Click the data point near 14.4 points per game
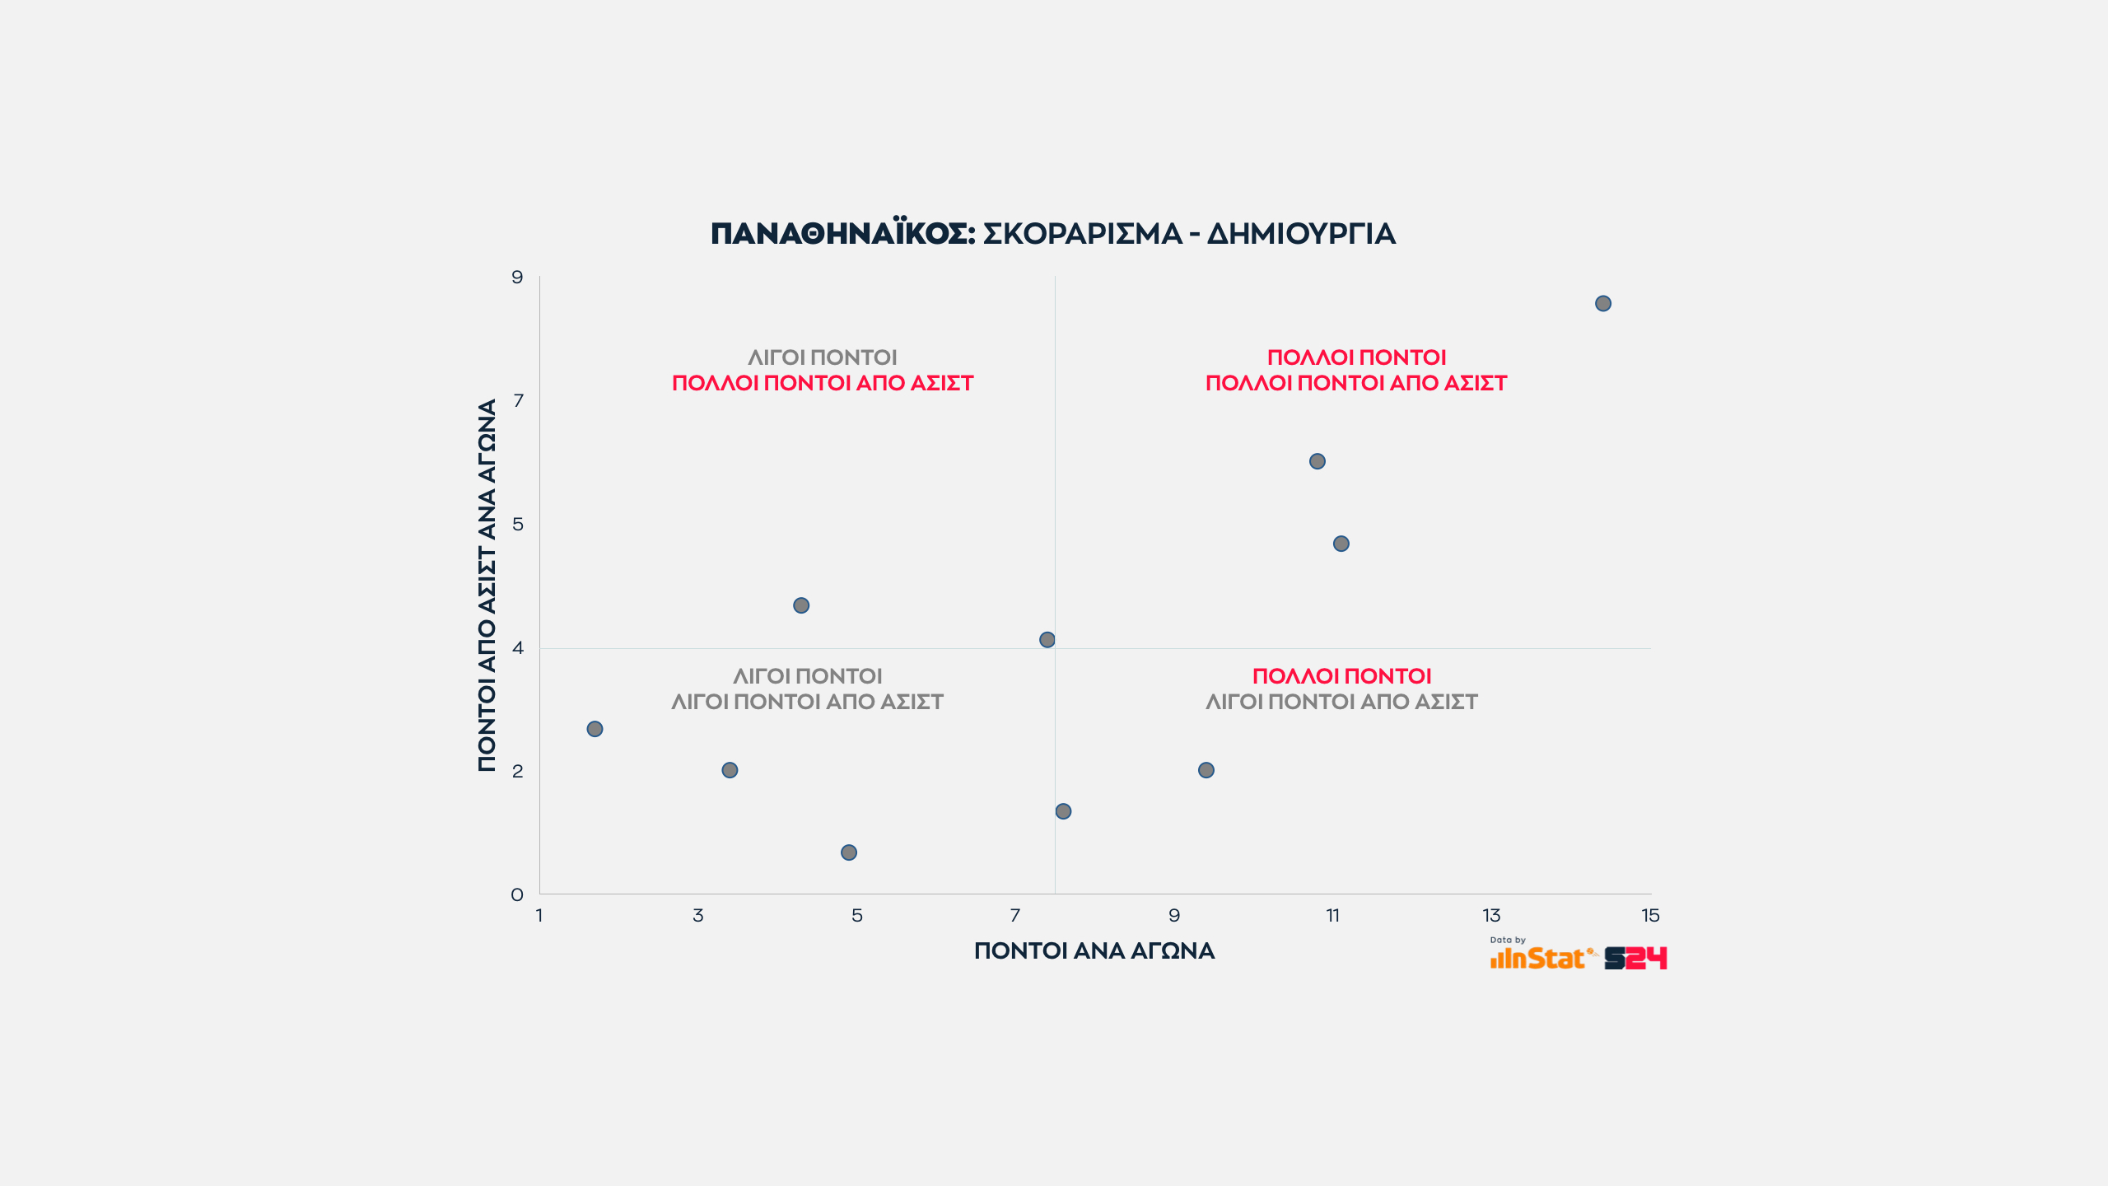click(x=1602, y=304)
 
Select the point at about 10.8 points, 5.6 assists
click(x=1317, y=461)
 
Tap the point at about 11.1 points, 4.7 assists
click(x=1341, y=544)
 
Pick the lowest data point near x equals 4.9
click(x=849, y=852)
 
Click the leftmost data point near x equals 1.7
click(x=595, y=729)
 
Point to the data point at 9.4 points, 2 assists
click(x=1206, y=770)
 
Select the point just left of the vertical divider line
click(x=1047, y=640)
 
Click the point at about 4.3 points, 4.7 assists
click(x=801, y=605)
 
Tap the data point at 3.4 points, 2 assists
click(x=730, y=770)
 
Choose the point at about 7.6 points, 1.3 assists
click(x=1063, y=811)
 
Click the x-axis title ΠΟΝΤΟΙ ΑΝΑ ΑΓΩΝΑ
click(x=1094, y=951)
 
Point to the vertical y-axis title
click(x=487, y=585)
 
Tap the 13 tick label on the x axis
click(x=1491, y=916)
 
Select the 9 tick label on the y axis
click(x=517, y=278)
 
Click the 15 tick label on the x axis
click(x=1650, y=916)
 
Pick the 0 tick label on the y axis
click(x=517, y=895)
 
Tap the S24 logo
click(x=1635, y=958)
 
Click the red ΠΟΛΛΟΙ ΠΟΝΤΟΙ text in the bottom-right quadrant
click(x=1341, y=676)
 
